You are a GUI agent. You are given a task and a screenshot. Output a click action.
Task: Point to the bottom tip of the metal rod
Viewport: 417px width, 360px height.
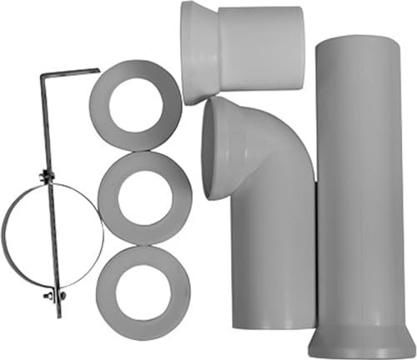tap(59, 316)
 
